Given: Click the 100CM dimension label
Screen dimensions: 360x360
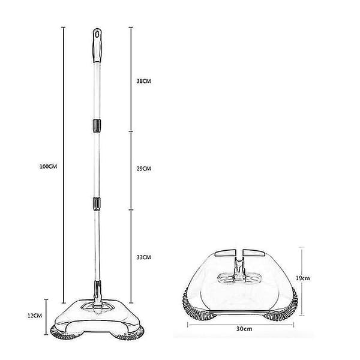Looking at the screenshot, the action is [48, 166].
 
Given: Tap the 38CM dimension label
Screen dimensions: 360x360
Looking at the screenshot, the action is [144, 81].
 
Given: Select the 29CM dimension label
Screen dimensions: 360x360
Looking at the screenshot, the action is [144, 169].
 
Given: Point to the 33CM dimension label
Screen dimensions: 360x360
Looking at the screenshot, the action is [144, 257].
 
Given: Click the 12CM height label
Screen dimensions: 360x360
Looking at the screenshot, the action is [35, 316].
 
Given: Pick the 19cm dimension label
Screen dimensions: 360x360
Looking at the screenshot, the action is [302, 278].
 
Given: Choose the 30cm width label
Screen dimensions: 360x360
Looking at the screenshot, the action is [244, 329].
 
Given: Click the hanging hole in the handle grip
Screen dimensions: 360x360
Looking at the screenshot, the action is [97, 34].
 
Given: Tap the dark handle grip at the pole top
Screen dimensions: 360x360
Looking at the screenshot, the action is [97, 45].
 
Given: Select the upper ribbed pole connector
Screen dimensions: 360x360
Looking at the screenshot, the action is [97, 126].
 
